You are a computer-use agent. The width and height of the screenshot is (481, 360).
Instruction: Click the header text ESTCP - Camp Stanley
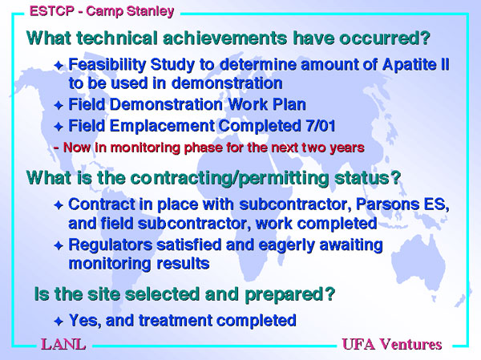pyautogui.click(x=102, y=11)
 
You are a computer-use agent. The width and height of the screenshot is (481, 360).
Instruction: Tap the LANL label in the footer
pyautogui.click(x=63, y=344)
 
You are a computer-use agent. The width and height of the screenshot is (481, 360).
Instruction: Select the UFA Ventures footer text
pyautogui.click(x=392, y=344)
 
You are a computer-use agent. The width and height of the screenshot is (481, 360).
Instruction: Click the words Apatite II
pyautogui.click(x=415, y=65)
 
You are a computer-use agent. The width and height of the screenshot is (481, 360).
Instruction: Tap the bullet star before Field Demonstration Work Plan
pyautogui.click(x=59, y=106)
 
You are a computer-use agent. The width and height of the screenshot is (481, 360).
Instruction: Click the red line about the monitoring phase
pyautogui.click(x=209, y=148)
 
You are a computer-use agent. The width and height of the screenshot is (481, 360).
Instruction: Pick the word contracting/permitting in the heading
pyautogui.click(x=230, y=178)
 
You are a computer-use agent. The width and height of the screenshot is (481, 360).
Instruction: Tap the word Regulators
pyautogui.click(x=110, y=245)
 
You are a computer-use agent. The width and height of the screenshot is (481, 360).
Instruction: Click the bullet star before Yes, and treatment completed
pyautogui.click(x=59, y=322)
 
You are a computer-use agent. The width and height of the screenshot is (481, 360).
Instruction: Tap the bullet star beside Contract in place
pyautogui.click(x=59, y=205)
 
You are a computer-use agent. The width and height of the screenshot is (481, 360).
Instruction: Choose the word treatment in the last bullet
pyautogui.click(x=175, y=321)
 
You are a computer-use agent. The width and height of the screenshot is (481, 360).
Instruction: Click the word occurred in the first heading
pyautogui.click(x=378, y=38)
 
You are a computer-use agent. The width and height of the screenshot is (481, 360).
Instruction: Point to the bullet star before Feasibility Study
pyautogui.click(x=59, y=66)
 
